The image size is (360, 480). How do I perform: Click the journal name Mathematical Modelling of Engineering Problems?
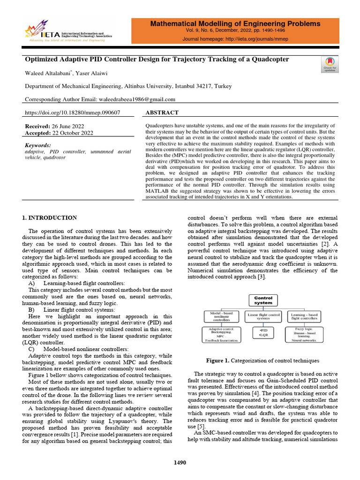pyautogui.click(x=242, y=23)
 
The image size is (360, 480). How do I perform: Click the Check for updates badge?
pyautogui.click(x=330, y=64)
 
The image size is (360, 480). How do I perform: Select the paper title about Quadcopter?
pyautogui.click(x=157, y=60)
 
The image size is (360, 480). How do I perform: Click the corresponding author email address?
pyautogui.click(x=136, y=99)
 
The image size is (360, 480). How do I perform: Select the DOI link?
pyautogui.click(x=72, y=113)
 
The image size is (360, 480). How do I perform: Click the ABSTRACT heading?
pyautogui.click(x=162, y=113)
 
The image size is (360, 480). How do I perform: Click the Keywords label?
pyautogui.click(x=38, y=146)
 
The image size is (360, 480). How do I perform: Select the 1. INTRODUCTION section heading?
pyautogui.click(x=50, y=217)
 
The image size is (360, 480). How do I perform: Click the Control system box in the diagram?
pyautogui.click(x=263, y=300)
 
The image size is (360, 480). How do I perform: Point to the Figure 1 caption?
pyautogui.click(x=263, y=361)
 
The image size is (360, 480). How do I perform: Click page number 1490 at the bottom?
pyautogui.click(x=180, y=463)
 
